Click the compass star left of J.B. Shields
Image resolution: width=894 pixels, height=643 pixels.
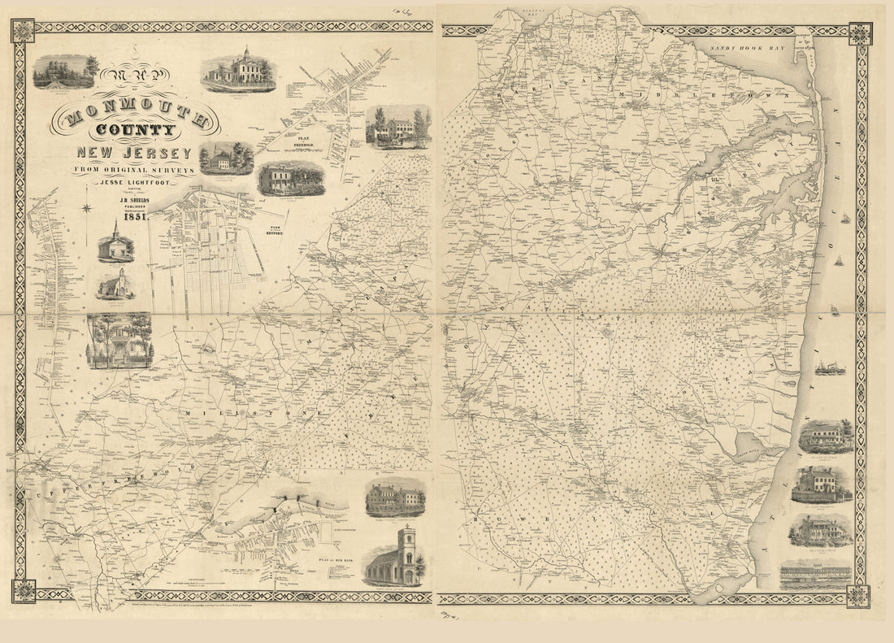(87, 208)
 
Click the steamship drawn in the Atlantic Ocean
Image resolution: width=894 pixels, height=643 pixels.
(830, 368)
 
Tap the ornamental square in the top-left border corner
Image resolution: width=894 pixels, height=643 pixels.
(23, 31)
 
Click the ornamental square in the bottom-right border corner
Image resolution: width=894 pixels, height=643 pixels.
(858, 596)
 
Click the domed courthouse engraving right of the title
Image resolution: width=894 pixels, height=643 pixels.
(239, 71)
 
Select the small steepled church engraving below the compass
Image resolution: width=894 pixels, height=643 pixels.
(115, 244)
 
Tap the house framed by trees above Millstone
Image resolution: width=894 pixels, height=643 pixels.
(119, 340)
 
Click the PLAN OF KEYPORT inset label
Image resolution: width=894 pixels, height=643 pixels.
(274, 229)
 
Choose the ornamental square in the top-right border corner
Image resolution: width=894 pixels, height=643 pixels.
(860, 34)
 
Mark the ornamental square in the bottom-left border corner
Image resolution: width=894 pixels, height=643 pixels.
(24, 591)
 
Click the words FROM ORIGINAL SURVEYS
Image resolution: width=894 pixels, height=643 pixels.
(134, 169)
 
